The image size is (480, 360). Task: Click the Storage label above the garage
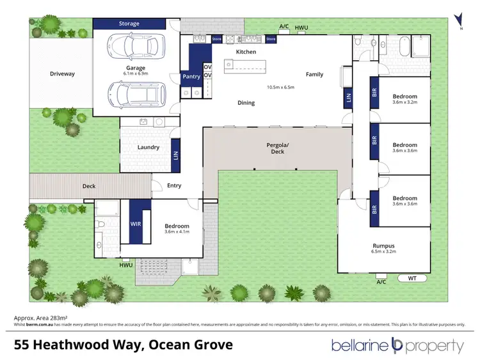pos(129,24)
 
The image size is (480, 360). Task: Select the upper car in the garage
pos(136,47)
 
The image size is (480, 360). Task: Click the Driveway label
pos(62,74)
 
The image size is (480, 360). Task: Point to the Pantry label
pos(191,76)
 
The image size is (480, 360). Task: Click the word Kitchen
pos(246,52)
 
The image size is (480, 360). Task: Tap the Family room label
pos(314,74)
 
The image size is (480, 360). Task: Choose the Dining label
pos(246,102)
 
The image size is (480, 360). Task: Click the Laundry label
pos(148,147)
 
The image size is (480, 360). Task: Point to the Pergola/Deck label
pos(278,148)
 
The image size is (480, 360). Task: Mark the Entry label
pos(174,185)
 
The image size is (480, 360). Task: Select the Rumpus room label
pos(383,245)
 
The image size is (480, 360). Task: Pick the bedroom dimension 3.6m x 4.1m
pos(177,233)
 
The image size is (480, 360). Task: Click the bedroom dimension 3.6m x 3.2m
pos(404,102)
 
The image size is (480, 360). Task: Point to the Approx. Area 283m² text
pos(41,317)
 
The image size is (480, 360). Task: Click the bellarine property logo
pos(397,346)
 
